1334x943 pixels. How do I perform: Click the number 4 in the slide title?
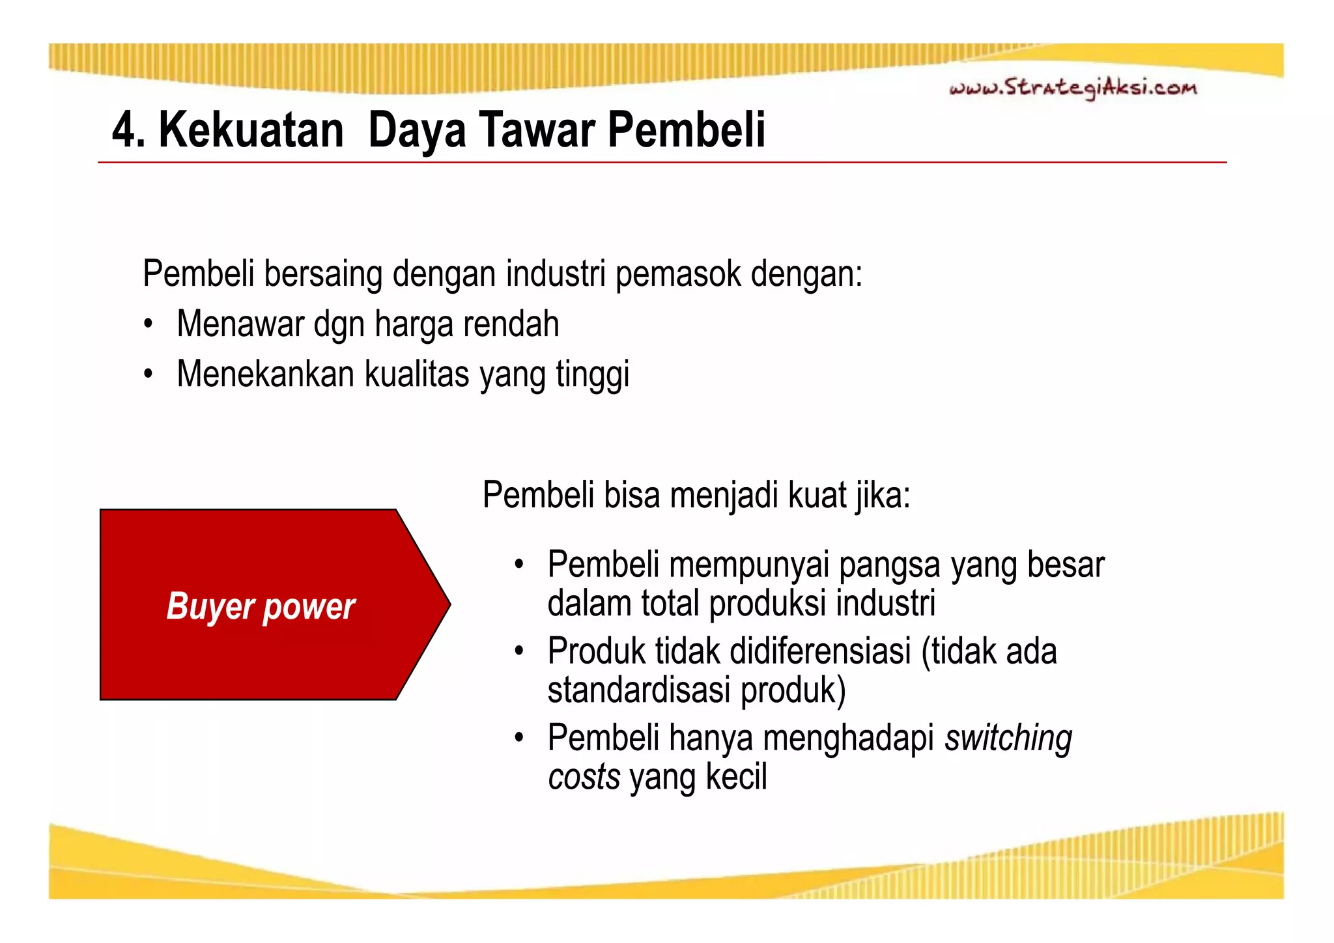click(124, 130)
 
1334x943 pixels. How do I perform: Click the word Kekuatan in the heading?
click(251, 130)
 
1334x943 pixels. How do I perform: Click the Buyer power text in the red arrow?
click(261, 606)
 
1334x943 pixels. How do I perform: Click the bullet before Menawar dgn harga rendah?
click(149, 324)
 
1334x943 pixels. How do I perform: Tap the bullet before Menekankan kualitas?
click(149, 374)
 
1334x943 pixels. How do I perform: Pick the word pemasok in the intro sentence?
click(678, 274)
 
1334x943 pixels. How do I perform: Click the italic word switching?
click(1008, 739)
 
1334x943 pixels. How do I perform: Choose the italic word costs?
click(584, 778)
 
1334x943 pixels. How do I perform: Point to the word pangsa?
click(889, 565)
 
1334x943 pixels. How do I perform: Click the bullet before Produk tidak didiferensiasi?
click(519, 651)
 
